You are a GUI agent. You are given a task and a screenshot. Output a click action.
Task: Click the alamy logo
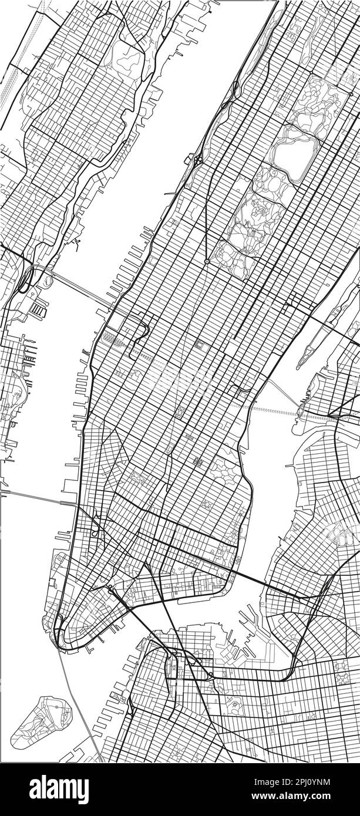(x=59, y=788)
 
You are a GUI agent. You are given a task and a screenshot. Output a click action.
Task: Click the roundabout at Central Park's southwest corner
(x=207, y=261)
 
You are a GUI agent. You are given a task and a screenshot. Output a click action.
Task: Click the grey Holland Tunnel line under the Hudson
(x=35, y=497)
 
